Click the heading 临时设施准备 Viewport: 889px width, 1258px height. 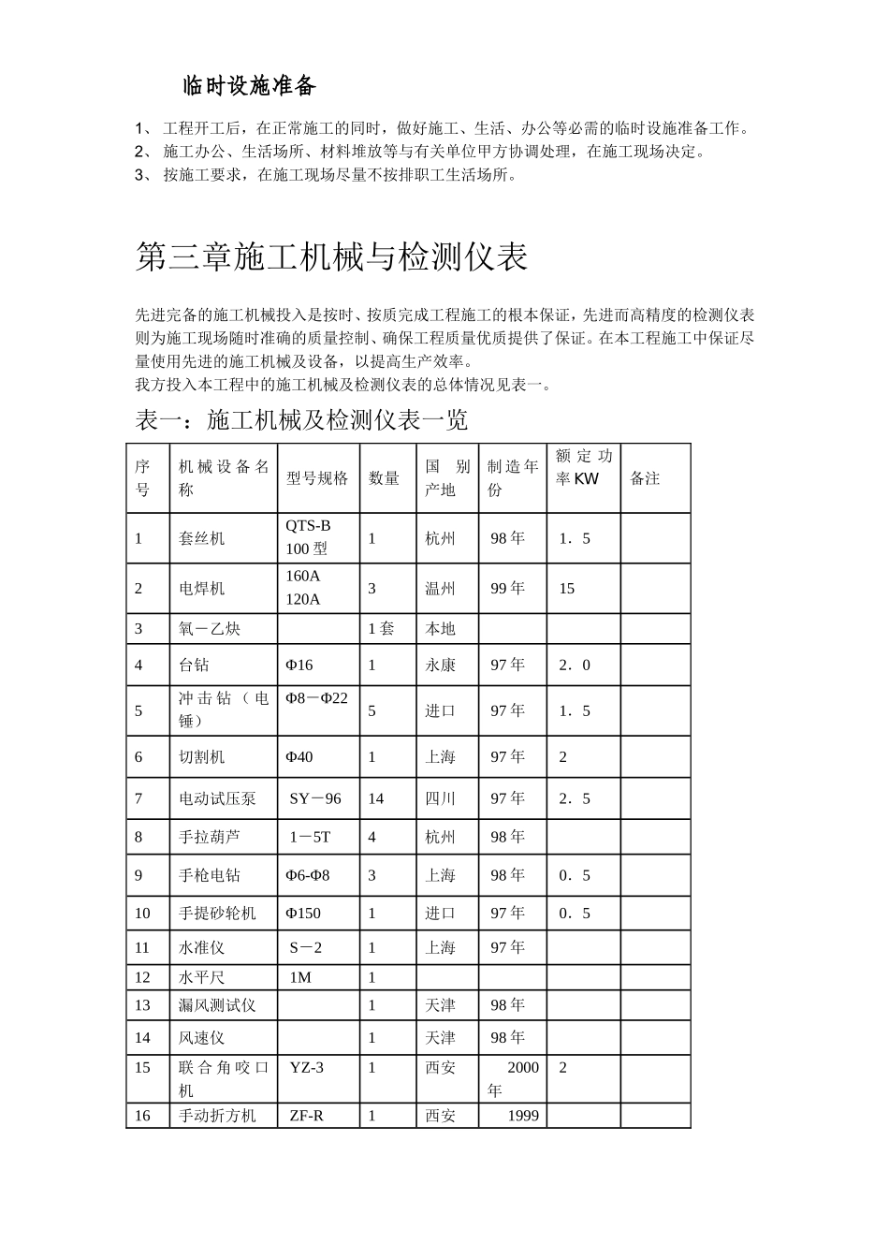point(249,87)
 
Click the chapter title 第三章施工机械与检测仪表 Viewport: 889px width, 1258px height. point(331,256)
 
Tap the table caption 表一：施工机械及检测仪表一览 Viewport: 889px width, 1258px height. point(301,420)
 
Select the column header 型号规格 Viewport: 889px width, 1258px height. point(316,478)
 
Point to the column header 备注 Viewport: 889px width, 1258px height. point(645,478)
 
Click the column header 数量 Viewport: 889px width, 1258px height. point(384,478)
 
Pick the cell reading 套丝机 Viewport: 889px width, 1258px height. point(202,538)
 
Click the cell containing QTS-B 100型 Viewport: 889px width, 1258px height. point(308,537)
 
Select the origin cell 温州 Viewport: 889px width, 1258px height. point(440,589)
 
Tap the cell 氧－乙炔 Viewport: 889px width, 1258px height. point(210,628)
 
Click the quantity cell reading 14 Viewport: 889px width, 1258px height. point(376,798)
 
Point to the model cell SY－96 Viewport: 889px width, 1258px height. point(315,798)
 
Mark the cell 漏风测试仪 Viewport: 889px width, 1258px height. point(217,1005)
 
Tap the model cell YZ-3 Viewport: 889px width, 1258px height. point(307,1067)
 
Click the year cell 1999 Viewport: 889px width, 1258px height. point(523,1116)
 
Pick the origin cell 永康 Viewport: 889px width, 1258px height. point(440,665)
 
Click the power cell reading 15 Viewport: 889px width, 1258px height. point(567,589)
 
